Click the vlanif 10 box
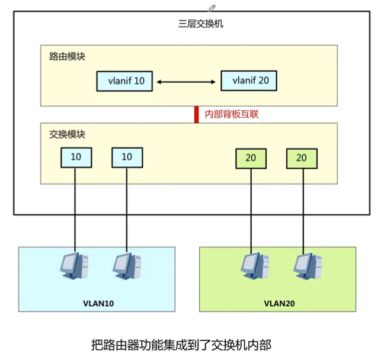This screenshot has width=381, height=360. tap(125, 81)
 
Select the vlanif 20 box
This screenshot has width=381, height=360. tap(249, 81)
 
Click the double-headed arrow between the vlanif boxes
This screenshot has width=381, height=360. tap(187, 81)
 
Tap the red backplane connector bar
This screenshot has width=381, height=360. tap(196, 114)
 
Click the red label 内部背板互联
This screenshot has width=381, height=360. tap(231, 114)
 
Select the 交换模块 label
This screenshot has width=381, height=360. tap(67, 134)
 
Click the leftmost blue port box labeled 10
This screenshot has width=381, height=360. tap(76, 157)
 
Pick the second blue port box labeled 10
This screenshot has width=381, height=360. tap(127, 157)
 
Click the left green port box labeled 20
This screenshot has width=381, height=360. tap(251, 157)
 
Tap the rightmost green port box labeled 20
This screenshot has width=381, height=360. tap(302, 157)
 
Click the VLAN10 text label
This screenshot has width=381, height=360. tap(98, 303)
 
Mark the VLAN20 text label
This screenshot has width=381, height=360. tap(279, 303)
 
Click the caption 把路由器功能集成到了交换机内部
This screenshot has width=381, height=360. tap(182, 344)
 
